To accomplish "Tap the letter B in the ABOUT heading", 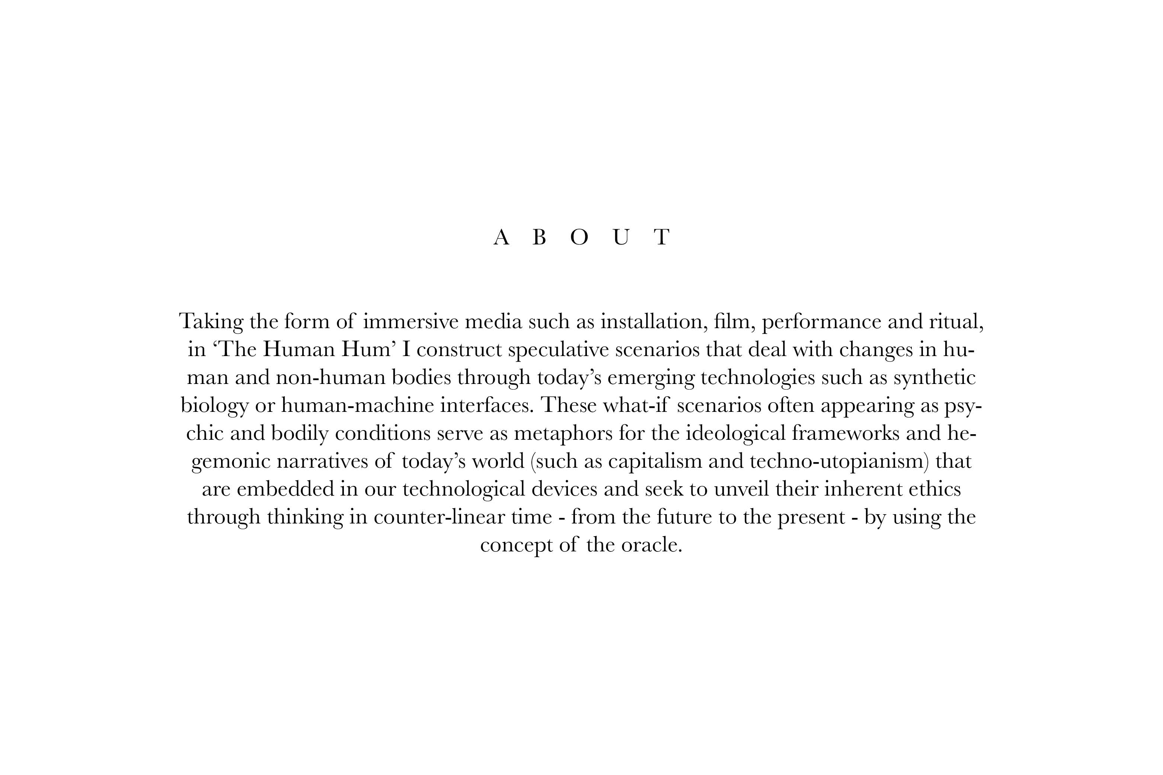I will pos(539,238).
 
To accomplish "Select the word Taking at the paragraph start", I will pos(211,322).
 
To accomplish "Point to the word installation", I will pos(651,322).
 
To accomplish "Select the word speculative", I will pos(558,349).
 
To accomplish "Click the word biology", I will pos(214,406).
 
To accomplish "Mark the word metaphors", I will pos(563,433).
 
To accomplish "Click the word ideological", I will pos(735,433).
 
